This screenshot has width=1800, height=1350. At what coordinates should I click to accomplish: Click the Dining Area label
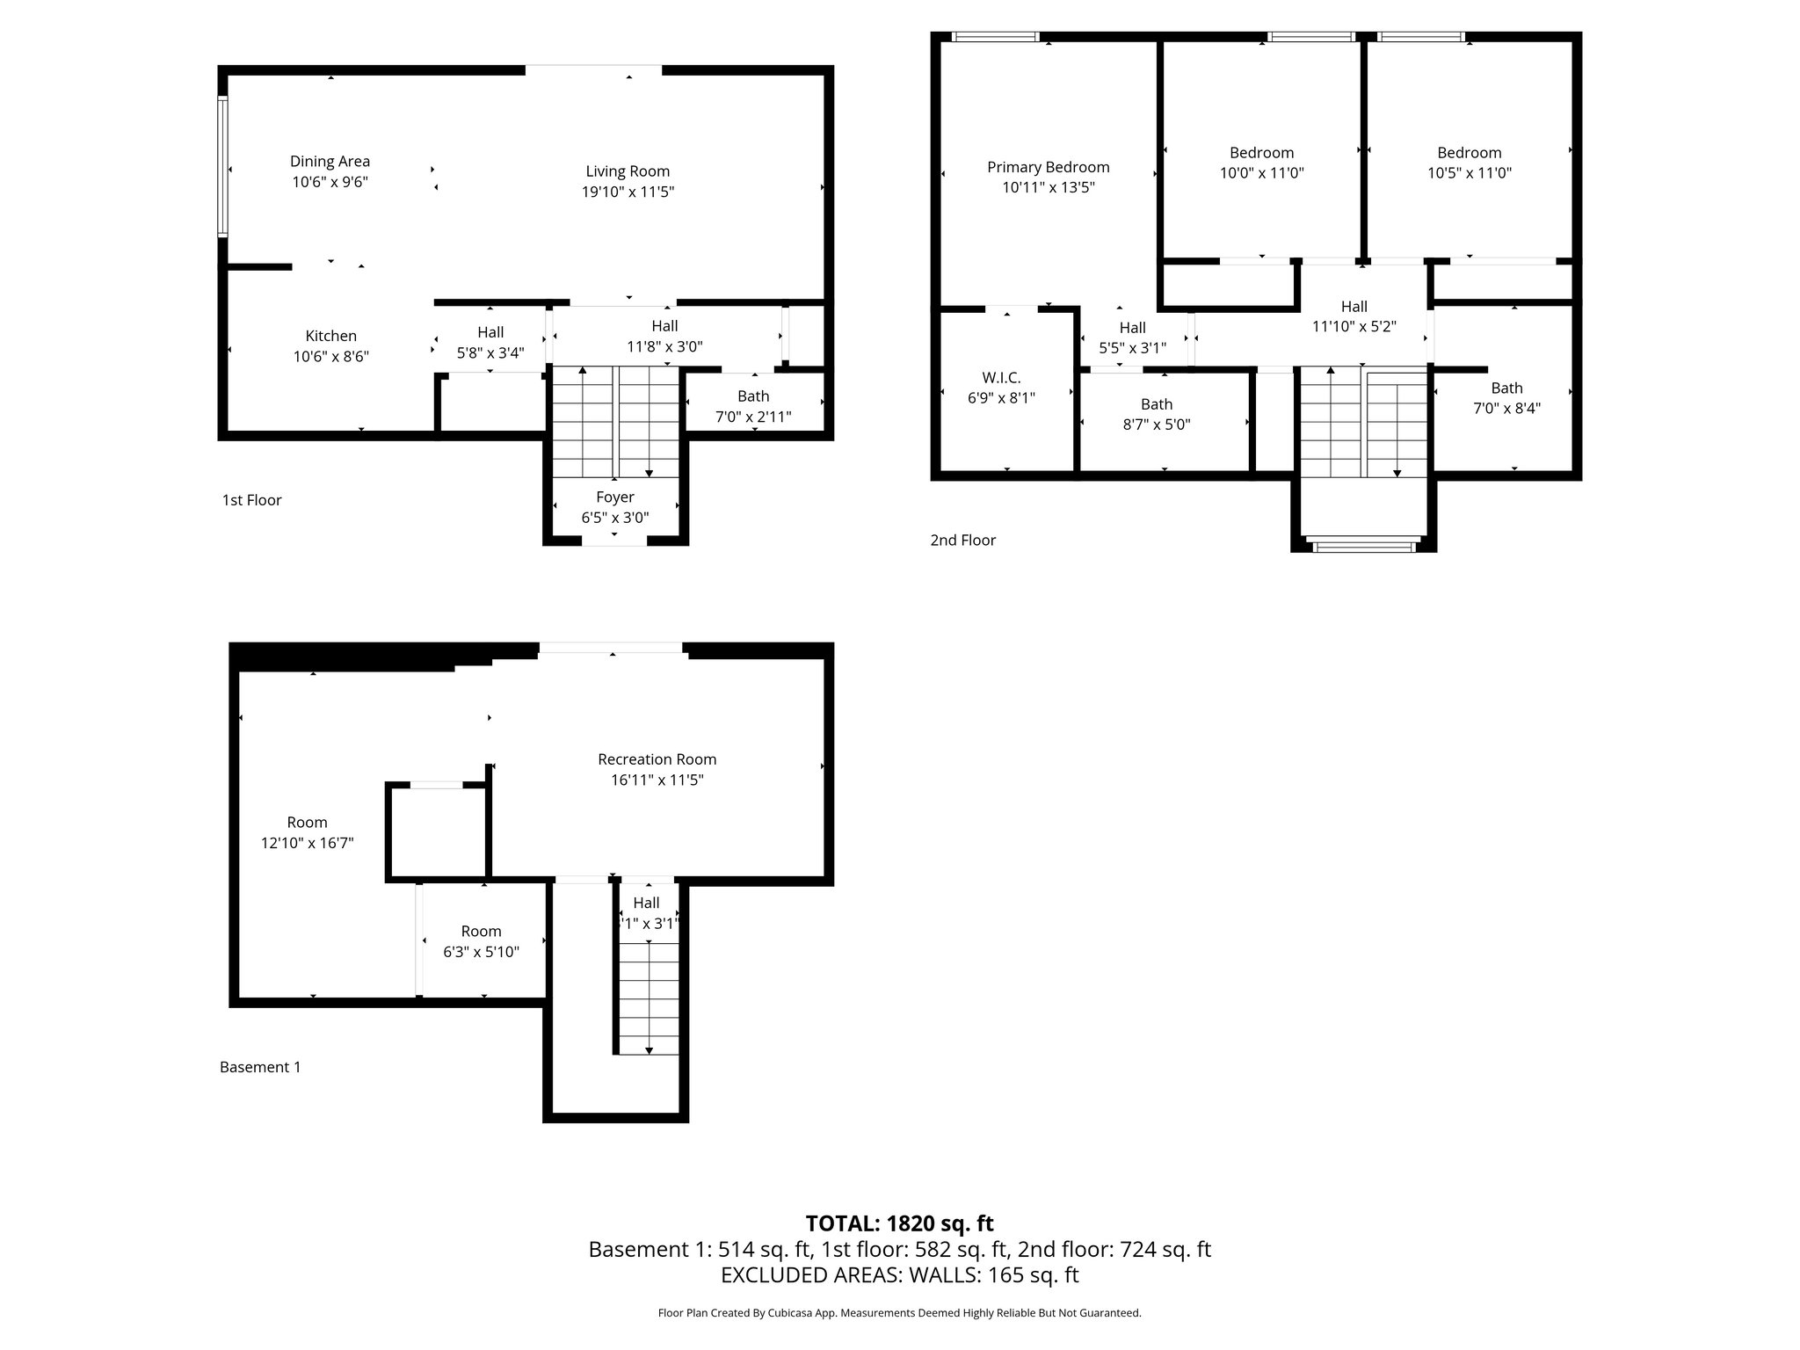(x=330, y=162)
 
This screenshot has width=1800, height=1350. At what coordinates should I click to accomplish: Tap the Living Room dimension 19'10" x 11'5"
(x=628, y=192)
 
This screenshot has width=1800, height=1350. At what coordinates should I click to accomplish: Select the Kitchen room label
(x=330, y=336)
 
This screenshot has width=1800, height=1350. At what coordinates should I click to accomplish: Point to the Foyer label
(x=614, y=497)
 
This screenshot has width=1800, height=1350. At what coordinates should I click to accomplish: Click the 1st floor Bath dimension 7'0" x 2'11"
(x=753, y=417)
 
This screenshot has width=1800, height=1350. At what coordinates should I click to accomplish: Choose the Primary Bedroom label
(x=1048, y=167)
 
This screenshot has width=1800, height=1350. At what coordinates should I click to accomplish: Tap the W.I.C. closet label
(x=1001, y=378)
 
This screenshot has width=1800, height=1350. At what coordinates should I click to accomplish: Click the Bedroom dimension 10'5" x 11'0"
(x=1469, y=173)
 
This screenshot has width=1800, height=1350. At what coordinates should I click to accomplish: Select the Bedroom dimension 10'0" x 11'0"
(x=1261, y=173)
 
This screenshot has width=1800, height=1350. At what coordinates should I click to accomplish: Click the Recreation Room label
(x=657, y=759)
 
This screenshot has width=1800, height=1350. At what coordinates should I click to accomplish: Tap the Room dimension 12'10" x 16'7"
(x=307, y=843)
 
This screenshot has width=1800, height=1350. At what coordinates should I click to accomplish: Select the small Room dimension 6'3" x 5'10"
(x=481, y=952)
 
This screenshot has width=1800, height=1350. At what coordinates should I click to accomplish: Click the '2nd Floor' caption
(x=962, y=541)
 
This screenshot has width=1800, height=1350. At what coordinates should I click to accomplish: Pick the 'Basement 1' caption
(x=259, y=1067)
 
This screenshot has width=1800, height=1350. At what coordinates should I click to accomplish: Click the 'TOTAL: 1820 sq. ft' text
(x=899, y=1223)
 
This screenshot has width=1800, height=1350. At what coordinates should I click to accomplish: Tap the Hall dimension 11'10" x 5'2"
(x=1354, y=327)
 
